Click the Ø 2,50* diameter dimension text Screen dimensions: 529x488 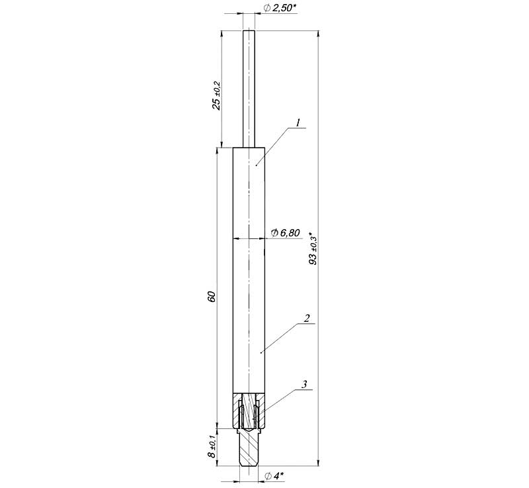point(280,8)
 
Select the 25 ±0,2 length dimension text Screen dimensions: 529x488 point(216,95)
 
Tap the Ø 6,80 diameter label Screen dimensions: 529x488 point(285,232)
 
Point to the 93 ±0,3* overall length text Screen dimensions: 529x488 point(313,248)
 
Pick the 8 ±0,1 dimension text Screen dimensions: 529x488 point(212,446)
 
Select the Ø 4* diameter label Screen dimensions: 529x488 point(274,476)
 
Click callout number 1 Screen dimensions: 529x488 point(298,123)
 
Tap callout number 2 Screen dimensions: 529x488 point(307,318)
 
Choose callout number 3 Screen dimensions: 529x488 point(304,384)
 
